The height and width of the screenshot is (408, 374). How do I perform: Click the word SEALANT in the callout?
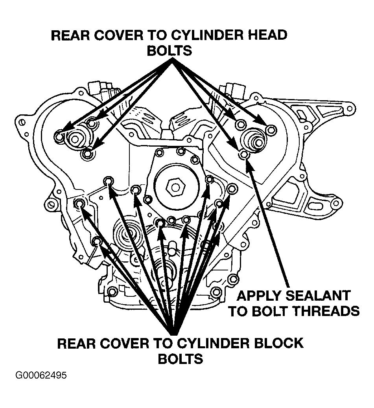pos(317,296)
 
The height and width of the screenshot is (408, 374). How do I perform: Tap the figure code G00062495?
pos(41,375)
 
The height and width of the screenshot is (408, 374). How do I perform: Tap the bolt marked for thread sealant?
pos(244,154)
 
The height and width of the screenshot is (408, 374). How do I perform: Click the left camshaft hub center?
pos(75,140)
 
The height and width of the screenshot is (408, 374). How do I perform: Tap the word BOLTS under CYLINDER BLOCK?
pos(181,359)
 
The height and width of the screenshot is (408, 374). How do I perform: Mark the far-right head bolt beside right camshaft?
pos(271,129)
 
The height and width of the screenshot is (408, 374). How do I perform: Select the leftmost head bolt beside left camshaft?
pos(59,136)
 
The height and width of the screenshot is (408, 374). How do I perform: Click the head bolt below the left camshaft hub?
pos(87,154)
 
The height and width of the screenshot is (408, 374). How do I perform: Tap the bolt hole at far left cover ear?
pos(22,122)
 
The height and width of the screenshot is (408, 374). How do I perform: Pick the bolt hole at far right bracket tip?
pos(350,108)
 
